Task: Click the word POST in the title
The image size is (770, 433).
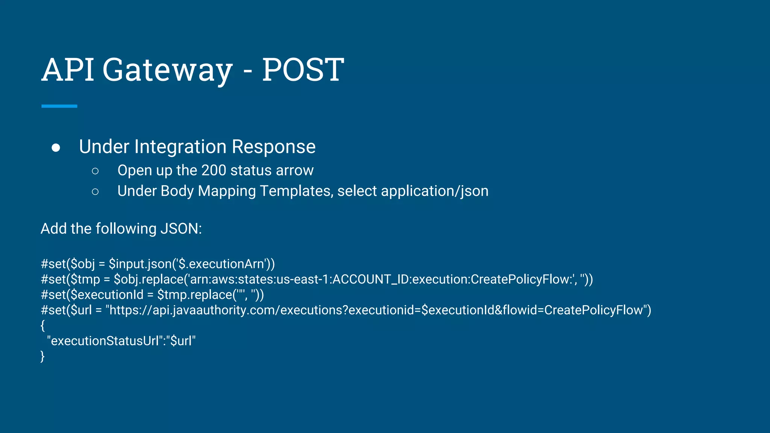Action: (x=303, y=70)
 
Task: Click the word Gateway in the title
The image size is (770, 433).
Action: (x=167, y=71)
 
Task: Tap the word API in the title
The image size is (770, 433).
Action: (x=68, y=70)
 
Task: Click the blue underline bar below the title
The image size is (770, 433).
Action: (x=59, y=106)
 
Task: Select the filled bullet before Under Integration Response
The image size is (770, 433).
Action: (x=56, y=148)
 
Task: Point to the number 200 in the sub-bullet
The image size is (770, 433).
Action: (x=214, y=170)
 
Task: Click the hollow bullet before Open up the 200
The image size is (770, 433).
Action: (x=95, y=171)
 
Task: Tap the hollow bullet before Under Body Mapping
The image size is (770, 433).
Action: (x=95, y=192)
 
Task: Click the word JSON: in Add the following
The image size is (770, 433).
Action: (x=181, y=229)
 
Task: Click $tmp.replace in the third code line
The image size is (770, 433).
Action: (x=194, y=295)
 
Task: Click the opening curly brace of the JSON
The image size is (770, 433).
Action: (x=42, y=326)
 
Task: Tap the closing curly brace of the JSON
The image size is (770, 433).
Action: (x=42, y=356)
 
